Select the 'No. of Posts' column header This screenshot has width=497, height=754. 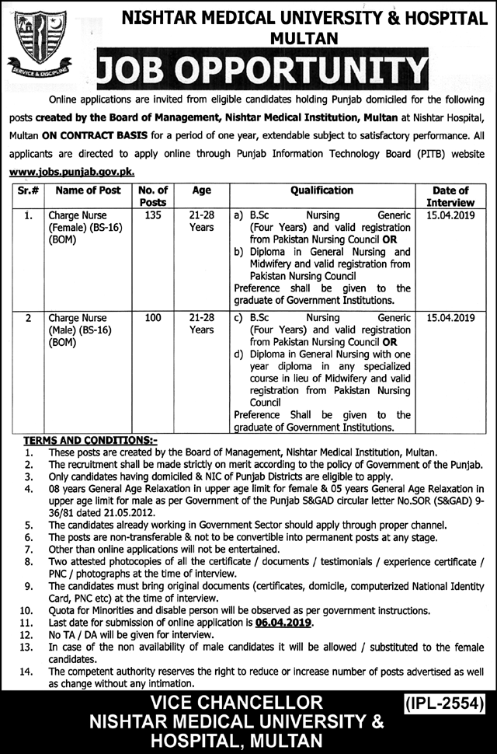152,196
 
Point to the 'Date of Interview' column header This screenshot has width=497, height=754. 450,196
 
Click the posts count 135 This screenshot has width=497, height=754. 152,215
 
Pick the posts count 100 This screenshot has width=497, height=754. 152,318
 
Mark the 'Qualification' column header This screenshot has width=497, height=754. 321,190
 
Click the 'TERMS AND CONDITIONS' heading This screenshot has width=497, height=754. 90,440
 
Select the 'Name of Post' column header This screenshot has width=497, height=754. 78,190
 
